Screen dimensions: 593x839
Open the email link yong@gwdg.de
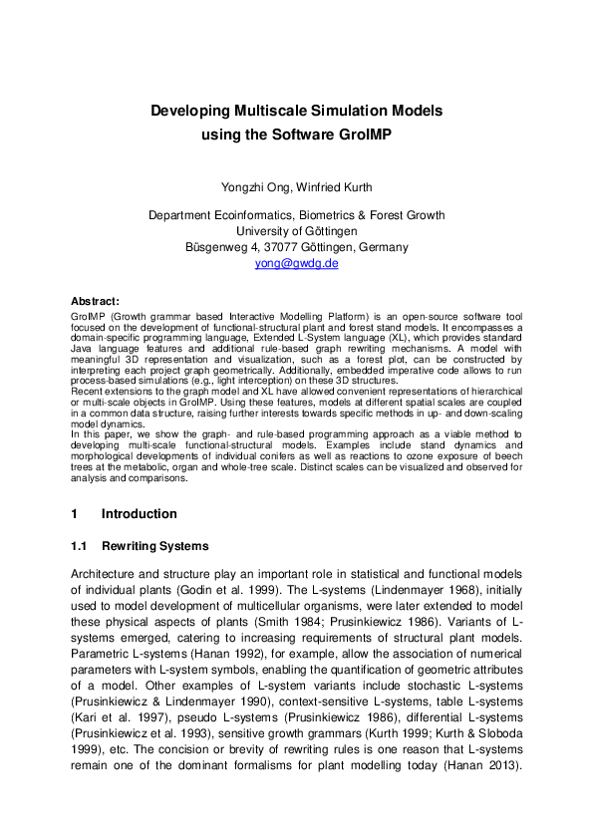click(296, 263)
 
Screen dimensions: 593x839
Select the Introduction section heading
click(140, 514)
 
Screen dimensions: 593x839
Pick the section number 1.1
click(80, 546)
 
